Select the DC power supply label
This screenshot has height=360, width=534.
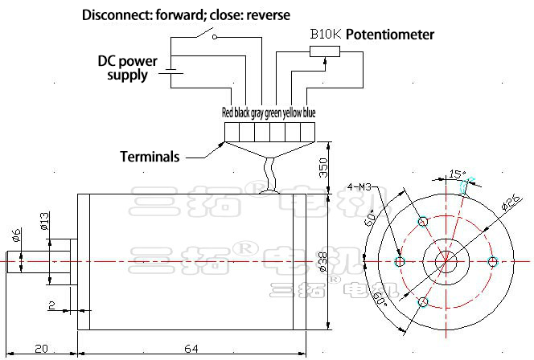pyautogui.click(x=127, y=68)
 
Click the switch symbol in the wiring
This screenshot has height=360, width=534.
pyautogui.click(x=213, y=35)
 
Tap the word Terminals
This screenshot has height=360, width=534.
pyautogui.click(x=150, y=157)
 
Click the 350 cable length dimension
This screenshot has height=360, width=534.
pyautogui.click(x=323, y=167)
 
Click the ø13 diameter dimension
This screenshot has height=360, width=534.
pyautogui.click(x=45, y=220)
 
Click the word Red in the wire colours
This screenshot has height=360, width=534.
pyautogui.click(x=227, y=113)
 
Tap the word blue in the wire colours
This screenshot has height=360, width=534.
pyautogui.click(x=309, y=113)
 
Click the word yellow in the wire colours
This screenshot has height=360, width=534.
pyautogui.click(x=292, y=113)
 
